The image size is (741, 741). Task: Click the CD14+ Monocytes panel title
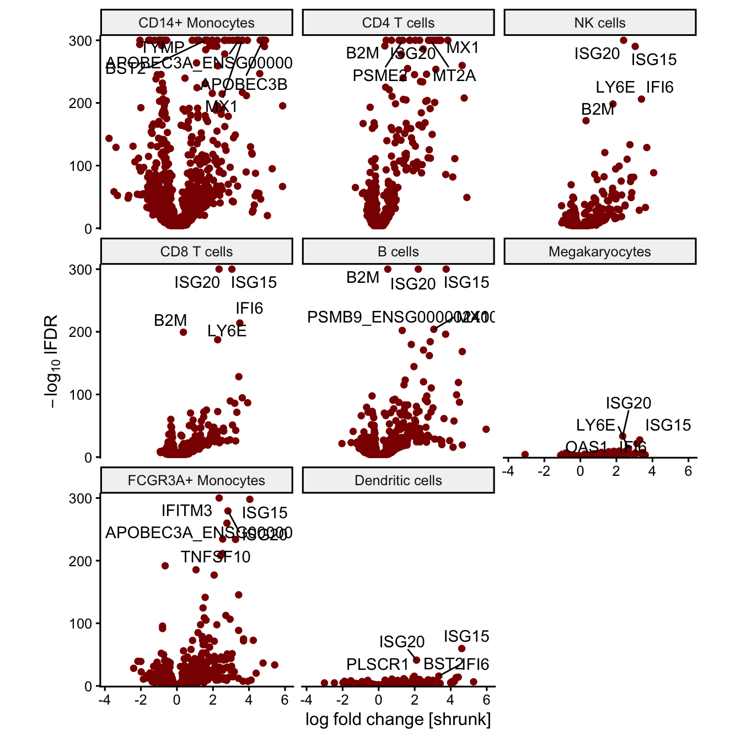point(196,23)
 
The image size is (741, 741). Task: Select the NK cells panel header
point(600,23)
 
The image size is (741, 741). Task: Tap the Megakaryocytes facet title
point(600,252)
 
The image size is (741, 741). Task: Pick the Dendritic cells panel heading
point(398,481)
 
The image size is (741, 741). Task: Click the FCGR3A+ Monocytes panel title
point(196,481)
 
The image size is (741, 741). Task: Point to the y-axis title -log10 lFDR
point(52,361)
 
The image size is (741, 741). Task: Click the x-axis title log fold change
point(398,719)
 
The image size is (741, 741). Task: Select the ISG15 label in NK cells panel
point(654,60)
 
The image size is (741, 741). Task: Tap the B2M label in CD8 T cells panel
point(170,320)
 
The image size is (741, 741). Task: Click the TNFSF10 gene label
point(216,557)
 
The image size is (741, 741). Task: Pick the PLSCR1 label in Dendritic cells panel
point(378,664)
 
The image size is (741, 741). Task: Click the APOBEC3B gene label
point(244,84)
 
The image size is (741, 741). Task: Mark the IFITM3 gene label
point(186,511)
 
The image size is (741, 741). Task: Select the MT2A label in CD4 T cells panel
point(454,76)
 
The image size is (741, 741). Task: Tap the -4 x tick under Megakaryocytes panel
point(508,471)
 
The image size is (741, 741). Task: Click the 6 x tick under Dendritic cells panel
point(486,700)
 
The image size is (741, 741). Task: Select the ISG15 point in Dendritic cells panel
point(462,648)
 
